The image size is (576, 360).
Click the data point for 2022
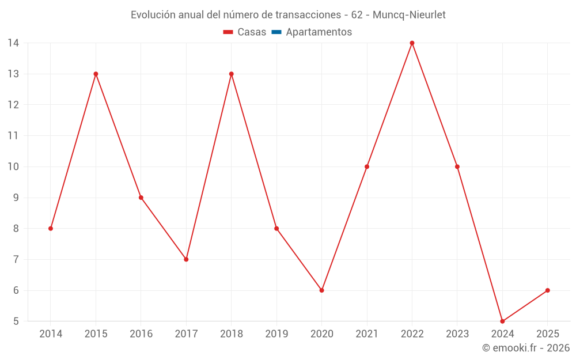(412, 43)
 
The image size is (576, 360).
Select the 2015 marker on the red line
(96, 74)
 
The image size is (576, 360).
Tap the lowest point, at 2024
(502, 321)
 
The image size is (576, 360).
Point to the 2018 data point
(231, 74)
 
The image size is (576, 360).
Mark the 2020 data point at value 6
(321, 290)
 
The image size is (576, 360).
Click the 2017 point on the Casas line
(186, 259)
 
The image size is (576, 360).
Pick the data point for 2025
(547, 290)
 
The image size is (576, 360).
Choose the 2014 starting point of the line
(51, 228)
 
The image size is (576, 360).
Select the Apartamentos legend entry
(319, 32)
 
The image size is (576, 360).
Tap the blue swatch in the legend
(276, 32)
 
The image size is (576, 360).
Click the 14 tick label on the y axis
(13, 43)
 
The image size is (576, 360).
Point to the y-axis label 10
(13, 166)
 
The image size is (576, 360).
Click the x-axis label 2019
(276, 334)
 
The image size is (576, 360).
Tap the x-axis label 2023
(457, 334)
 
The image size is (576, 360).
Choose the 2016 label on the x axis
(141, 334)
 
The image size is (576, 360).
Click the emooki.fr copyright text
(526, 348)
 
